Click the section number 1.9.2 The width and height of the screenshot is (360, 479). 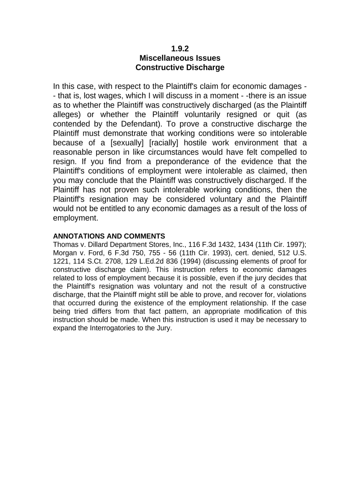tap(180, 48)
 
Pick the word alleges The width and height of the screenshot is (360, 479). tap(68, 115)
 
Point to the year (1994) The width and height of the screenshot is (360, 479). tap(190, 261)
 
